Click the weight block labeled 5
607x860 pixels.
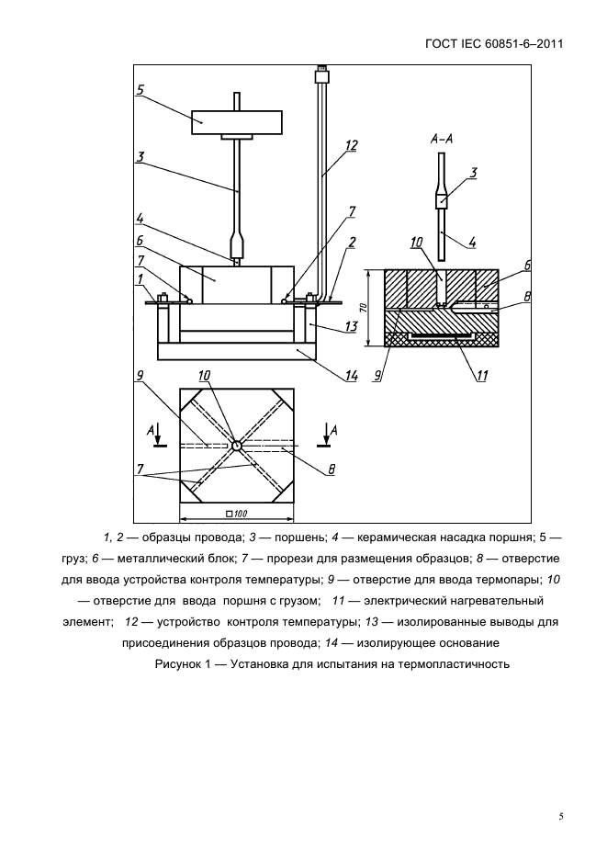click(236, 120)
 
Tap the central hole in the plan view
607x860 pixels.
click(236, 446)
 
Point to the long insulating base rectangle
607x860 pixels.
click(236, 350)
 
